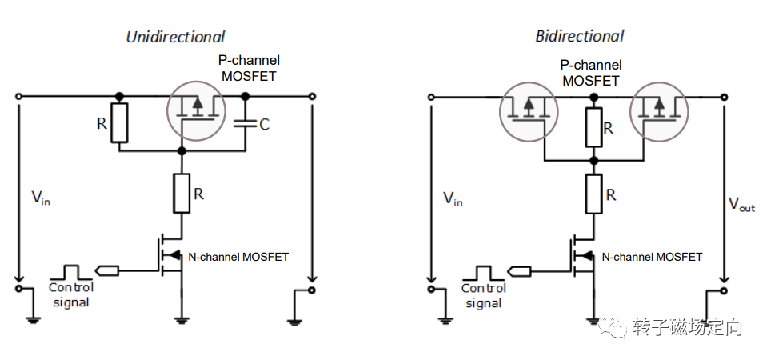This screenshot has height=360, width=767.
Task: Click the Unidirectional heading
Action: [x=176, y=37]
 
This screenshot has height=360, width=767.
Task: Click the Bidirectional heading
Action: [x=580, y=36]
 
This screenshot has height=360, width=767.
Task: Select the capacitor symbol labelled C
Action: [x=246, y=125]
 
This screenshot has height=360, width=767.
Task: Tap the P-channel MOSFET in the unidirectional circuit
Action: [x=196, y=110]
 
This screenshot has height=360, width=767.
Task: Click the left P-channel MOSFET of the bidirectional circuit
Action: [x=529, y=112]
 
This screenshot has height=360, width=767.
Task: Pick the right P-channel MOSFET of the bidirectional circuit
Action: [x=659, y=112]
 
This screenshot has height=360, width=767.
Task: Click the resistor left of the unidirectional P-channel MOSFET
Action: [x=119, y=122]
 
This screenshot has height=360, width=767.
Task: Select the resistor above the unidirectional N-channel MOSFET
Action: [x=182, y=193]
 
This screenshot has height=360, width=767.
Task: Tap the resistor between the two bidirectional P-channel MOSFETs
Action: [x=593, y=127]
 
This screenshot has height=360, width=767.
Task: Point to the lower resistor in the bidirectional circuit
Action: [x=593, y=194]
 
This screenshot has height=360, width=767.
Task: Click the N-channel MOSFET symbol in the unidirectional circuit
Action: [x=171, y=255]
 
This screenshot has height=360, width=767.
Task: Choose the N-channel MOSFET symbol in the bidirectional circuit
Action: [x=584, y=256]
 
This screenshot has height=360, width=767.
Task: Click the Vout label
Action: [x=741, y=204]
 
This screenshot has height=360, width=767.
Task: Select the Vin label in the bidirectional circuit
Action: [x=453, y=198]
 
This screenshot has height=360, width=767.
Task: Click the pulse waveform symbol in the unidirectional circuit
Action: [x=71, y=271]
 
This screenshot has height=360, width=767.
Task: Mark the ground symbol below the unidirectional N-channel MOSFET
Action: [x=182, y=320]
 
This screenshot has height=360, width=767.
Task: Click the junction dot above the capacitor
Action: [x=246, y=96]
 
